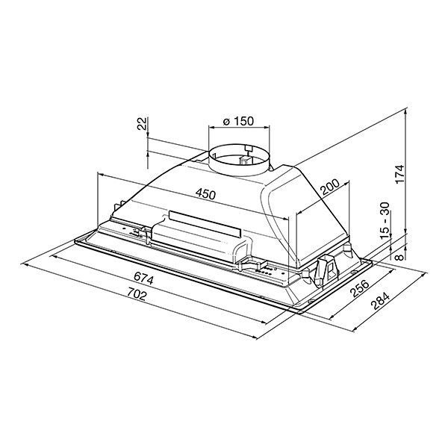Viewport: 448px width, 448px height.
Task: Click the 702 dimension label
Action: (137, 294)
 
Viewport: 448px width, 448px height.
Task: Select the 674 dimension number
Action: (143, 279)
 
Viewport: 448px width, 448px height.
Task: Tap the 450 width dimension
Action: (205, 194)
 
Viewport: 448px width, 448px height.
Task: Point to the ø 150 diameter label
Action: (238, 121)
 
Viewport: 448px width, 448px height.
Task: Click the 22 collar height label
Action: (142, 123)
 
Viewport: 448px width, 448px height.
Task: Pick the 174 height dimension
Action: (400, 174)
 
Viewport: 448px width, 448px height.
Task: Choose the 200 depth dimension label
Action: (329, 187)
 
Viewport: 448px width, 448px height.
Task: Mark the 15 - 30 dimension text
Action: (385, 220)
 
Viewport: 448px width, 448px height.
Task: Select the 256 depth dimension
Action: (360, 288)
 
